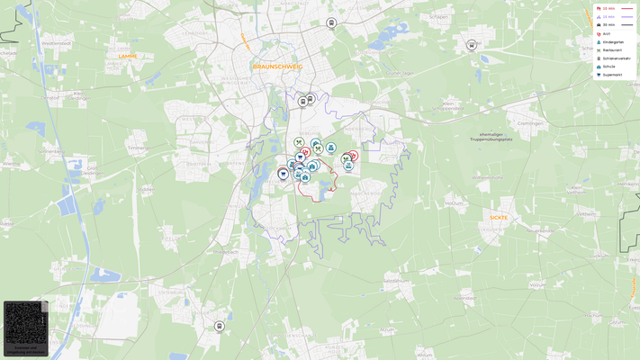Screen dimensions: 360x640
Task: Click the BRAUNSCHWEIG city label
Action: (277, 67)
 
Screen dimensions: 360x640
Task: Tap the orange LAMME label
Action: (128, 56)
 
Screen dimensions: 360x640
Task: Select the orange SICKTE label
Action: (498, 217)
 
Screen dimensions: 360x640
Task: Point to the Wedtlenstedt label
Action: (56, 42)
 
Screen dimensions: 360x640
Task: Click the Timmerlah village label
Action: (138, 148)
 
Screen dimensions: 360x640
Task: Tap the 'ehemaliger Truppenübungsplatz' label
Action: (491, 137)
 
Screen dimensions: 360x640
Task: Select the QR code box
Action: (25, 328)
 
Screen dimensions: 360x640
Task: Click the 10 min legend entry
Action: (609, 8)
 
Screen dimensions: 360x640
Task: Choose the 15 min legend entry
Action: (609, 16)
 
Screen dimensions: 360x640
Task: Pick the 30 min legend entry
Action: (609, 24)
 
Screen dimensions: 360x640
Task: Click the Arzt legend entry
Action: (606, 33)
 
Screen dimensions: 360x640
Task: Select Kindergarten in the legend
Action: (612, 41)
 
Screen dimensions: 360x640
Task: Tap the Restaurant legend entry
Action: (612, 49)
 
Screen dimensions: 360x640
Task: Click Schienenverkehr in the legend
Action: (616, 58)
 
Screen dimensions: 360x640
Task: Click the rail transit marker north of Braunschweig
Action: (332, 23)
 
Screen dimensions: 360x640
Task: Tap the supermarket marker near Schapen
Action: (472, 45)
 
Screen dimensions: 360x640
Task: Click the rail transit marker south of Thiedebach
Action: (219, 326)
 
